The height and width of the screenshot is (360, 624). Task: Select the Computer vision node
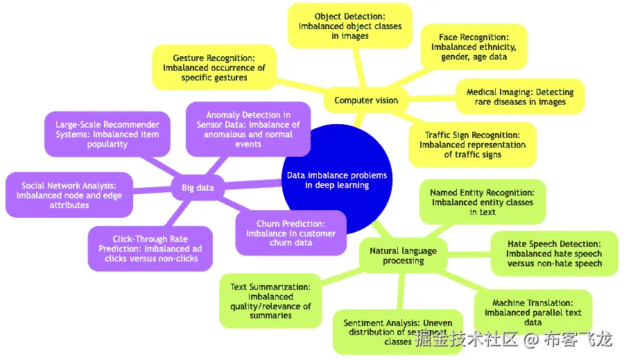(366, 101)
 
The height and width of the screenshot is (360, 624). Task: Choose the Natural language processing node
(403, 255)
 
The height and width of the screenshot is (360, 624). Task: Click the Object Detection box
(350, 26)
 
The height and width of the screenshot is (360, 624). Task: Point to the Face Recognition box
(474, 46)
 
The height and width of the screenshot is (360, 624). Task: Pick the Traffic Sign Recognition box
(472, 144)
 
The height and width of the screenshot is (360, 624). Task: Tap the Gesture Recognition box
(214, 68)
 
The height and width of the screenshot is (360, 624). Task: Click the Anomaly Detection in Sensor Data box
(248, 130)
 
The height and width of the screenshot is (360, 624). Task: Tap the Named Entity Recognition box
(483, 202)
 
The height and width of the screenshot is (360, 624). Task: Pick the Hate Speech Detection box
(553, 253)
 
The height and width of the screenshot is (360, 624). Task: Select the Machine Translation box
(532, 312)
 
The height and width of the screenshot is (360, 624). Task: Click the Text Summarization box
(270, 300)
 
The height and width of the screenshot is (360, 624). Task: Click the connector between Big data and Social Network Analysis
(153, 190)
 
